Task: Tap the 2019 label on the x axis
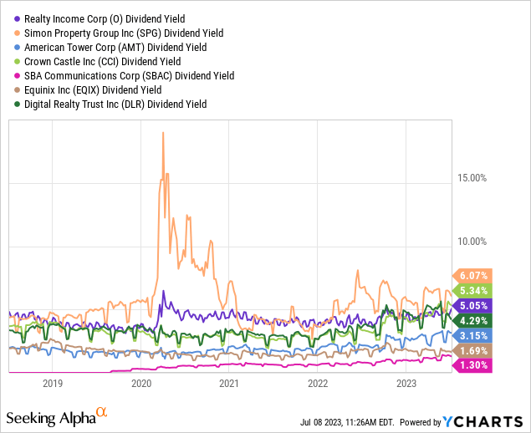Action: [53, 384]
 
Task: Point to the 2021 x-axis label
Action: [229, 384]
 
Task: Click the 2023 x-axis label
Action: [406, 384]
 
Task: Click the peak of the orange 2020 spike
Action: [162, 132]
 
